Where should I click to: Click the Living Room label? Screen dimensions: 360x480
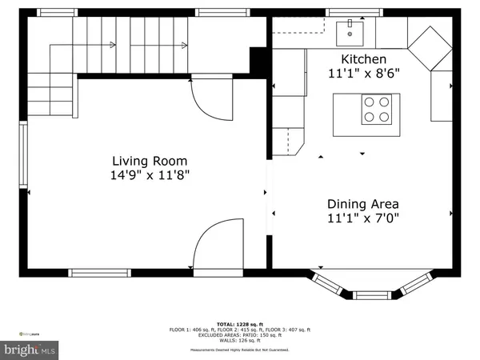click(150, 158)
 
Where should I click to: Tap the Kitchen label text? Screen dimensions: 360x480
click(364, 59)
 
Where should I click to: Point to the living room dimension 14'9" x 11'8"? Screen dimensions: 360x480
click(150, 173)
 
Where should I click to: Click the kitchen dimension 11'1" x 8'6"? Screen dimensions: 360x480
click(364, 74)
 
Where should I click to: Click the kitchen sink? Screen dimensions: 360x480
click(350, 33)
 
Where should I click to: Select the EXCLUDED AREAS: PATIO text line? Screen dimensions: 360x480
click(239, 335)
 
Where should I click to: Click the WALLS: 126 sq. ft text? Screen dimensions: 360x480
click(239, 342)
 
